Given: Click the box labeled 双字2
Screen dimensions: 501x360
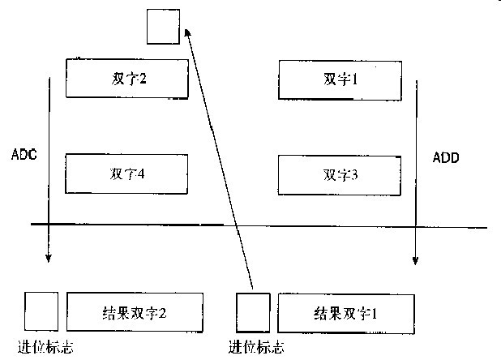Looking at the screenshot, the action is (x=127, y=78).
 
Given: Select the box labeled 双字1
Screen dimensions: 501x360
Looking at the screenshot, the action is (x=340, y=78).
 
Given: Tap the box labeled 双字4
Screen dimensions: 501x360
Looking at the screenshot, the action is (x=127, y=174).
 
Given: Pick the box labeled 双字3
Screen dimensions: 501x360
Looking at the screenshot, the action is (x=340, y=174).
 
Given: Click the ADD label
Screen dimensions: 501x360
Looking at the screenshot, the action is (x=446, y=158).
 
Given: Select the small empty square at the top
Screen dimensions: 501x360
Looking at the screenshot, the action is (x=162, y=26).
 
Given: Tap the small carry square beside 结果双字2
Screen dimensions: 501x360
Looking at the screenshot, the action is (x=41, y=311).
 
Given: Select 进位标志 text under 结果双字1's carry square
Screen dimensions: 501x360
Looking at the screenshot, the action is (x=256, y=349).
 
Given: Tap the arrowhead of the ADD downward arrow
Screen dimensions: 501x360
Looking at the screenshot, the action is (x=415, y=260).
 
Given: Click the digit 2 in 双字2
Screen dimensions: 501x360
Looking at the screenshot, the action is (x=143, y=79).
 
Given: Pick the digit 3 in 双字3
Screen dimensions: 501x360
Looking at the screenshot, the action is (x=355, y=174).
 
